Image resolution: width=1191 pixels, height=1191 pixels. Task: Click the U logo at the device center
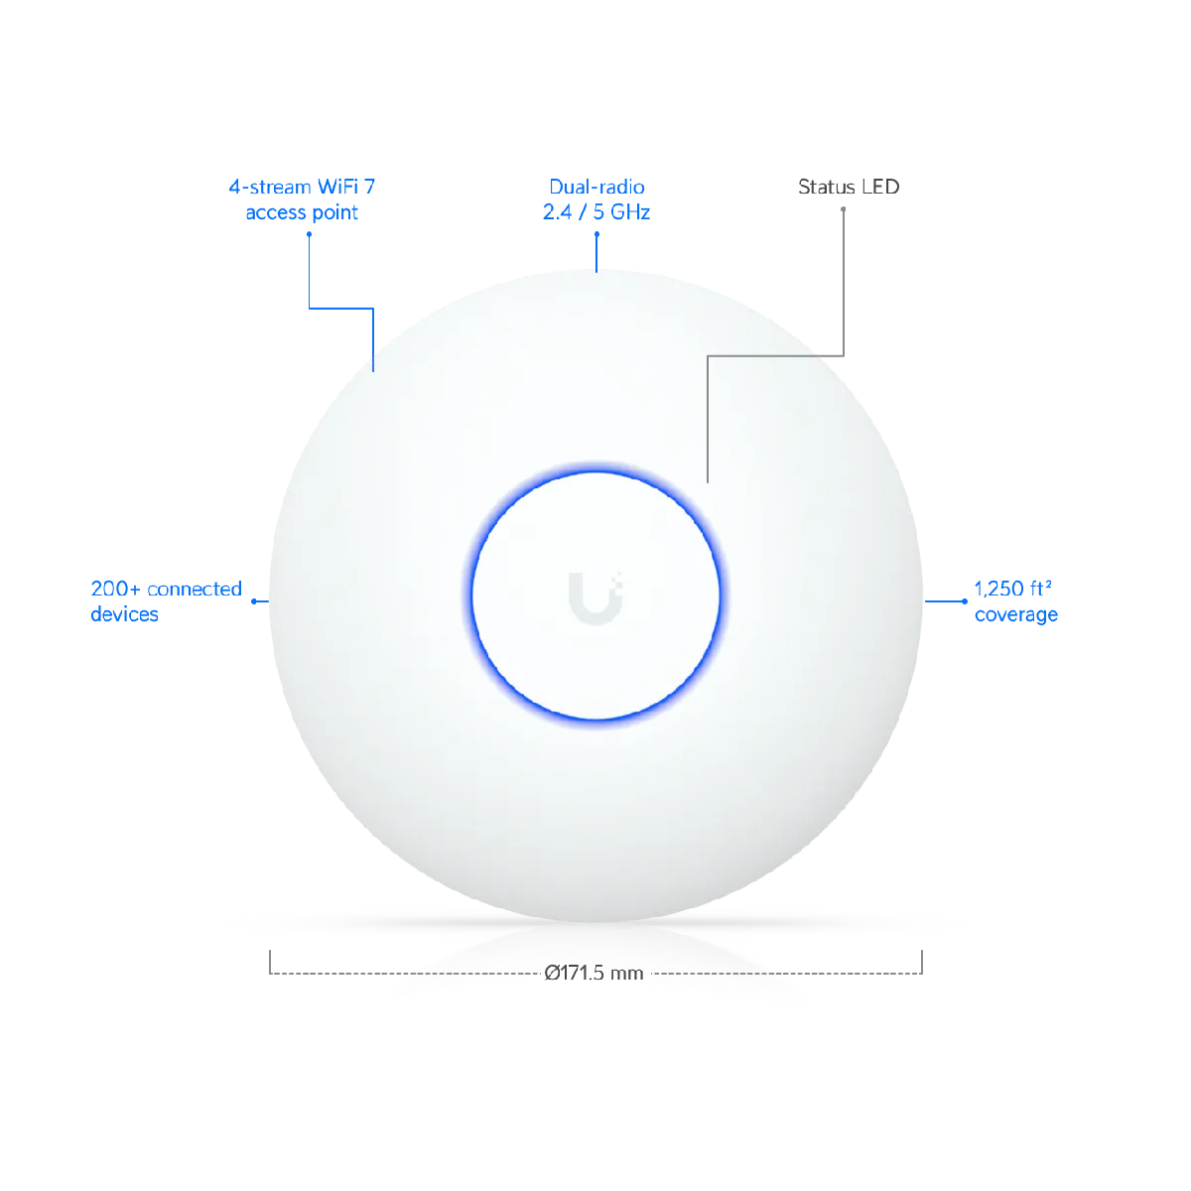[x=595, y=597]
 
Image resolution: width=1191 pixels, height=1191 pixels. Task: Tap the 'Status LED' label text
[x=848, y=187]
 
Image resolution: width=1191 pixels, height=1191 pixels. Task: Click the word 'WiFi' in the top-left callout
[x=337, y=187]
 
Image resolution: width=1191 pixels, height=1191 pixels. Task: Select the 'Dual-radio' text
[x=596, y=187]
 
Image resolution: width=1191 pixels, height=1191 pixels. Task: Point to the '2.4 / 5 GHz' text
[x=596, y=212]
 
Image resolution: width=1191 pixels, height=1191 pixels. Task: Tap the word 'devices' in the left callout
[x=124, y=613]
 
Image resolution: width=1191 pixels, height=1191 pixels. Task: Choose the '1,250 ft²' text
[x=1012, y=589]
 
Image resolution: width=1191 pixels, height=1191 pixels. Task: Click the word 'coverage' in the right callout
[x=1016, y=615]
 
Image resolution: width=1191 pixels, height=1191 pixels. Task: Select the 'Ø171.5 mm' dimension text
[x=594, y=974]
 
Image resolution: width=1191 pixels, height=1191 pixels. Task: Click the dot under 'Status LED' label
[x=843, y=209]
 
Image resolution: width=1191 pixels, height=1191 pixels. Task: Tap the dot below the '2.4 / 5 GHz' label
[x=596, y=234]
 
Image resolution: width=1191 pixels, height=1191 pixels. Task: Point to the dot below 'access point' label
[x=309, y=234]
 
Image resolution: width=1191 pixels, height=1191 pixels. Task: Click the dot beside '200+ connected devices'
[x=254, y=601]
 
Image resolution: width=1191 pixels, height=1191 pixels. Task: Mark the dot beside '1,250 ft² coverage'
[x=964, y=601]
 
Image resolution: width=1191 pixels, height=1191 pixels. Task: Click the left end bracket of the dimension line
[x=270, y=963]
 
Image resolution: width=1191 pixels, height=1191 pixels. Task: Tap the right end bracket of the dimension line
[x=921, y=963]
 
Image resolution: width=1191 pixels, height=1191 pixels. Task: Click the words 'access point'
[x=302, y=212]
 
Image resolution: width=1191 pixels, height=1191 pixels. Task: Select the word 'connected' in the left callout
[x=195, y=589]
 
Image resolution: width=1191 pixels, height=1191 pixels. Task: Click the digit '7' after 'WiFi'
[x=369, y=187]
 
